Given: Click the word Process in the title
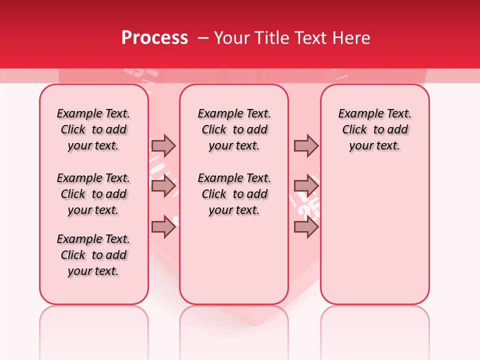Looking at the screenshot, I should coord(154,38).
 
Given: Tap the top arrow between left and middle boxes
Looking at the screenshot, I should coord(163,145).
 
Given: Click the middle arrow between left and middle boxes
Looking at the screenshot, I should coord(163,186).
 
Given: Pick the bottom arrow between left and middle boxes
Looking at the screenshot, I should coord(163,226).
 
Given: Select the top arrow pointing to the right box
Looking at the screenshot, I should coord(306,145).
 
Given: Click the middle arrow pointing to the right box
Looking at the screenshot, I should coord(306,186).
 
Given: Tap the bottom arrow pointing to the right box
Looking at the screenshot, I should coord(306,226).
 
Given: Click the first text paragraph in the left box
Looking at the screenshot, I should coord(93,129).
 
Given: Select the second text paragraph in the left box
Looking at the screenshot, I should coord(93,194).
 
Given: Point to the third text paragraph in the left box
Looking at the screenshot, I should coord(93,255).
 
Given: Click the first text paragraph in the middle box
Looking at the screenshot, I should coord(234,129).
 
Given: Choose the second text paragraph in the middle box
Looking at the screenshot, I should coord(234,194).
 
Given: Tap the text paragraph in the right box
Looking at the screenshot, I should coord(375,129).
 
